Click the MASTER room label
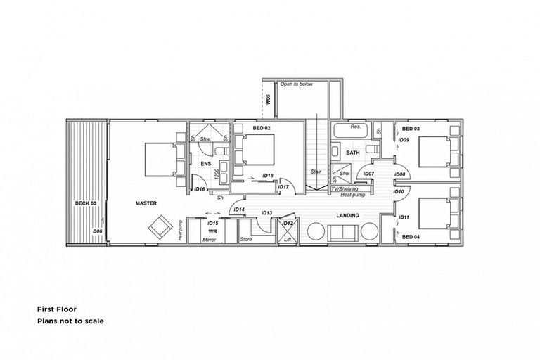146,203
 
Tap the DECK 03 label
85,203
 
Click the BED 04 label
411,237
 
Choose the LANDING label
348,215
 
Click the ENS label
206,165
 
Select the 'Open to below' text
297,84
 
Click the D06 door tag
97,231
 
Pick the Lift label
287,239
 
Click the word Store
245,240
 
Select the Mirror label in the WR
209,240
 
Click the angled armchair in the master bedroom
159,226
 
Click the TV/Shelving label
345,188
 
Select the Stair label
316,172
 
